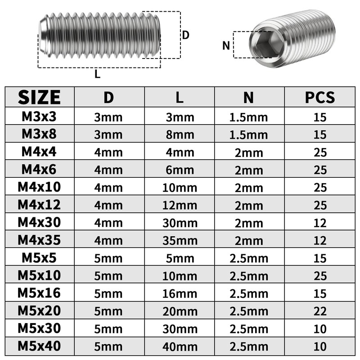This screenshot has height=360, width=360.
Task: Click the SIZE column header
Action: [x=39, y=97]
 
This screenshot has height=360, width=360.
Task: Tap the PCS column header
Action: [x=320, y=97]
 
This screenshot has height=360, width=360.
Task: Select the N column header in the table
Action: [x=249, y=98]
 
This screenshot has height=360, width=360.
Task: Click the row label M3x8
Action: [x=39, y=134]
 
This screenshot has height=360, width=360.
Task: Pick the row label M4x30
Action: [x=39, y=222]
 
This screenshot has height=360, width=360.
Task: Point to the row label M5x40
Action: [x=39, y=346]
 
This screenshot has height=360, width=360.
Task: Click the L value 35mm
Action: [x=180, y=241]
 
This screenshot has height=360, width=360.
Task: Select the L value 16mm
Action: [x=180, y=294]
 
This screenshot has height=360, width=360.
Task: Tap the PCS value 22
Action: [x=320, y=311]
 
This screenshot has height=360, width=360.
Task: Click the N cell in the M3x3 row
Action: [x=249, y=117]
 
